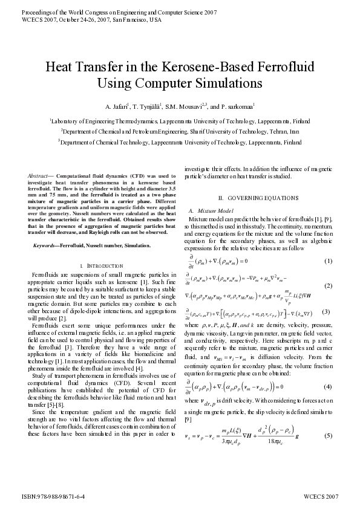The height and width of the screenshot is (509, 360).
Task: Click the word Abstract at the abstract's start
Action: pyautogui.click(x=40, y=175)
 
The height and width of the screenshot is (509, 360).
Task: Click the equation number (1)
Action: pyautogui.click(x=329, y=261)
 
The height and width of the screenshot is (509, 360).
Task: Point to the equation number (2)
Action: pyautogui.click(x=329, y=286)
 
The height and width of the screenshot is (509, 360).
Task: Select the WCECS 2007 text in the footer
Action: pyautogui.click(x=321, y=496)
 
